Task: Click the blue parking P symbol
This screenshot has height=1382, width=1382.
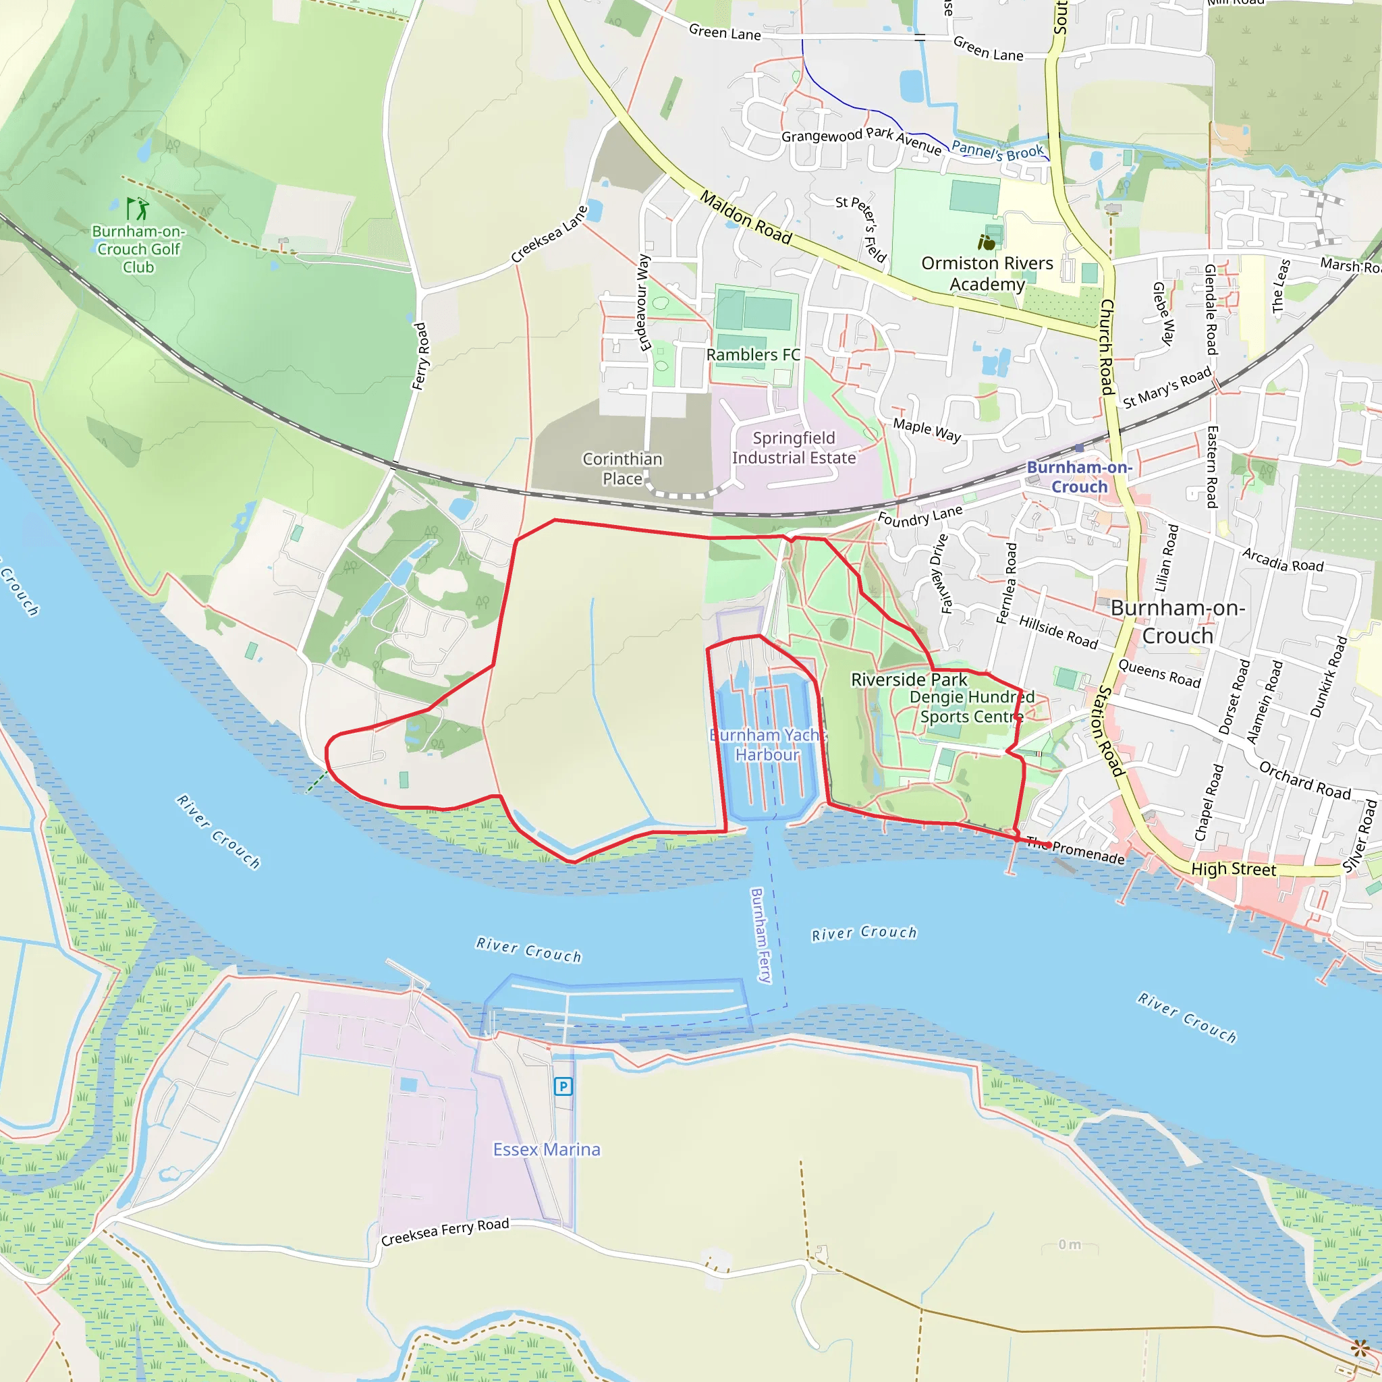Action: click(x=563, y=1086)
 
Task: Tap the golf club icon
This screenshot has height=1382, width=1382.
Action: click(x=138, y=209)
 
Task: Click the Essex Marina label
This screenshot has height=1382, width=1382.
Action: click(x=547, y=1149)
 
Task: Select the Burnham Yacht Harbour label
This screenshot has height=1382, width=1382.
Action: click(x=767, y=745)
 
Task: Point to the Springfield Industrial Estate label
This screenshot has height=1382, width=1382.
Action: click(x=794, y=448)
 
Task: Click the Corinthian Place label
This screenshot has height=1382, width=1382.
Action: click(x=622, y=468)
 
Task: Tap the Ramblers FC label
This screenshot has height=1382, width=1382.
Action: click(x=752, y=355)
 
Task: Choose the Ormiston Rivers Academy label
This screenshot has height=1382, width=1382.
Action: click(x=987, y=273)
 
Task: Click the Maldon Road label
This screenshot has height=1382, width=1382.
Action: click(x=746, y=217)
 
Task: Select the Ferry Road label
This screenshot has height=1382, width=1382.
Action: click(x=420, y=356)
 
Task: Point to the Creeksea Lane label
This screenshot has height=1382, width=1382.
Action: click(x=549, y=235)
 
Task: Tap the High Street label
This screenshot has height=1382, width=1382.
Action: click(x=1234, y=869)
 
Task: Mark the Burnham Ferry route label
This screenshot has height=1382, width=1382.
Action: click(x=761, y=936)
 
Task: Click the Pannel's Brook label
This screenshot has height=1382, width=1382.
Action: click(x=997, y=151)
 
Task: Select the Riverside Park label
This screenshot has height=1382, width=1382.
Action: click(x=908, y=680)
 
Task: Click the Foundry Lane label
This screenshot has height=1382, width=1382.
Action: click(x=920, y=516)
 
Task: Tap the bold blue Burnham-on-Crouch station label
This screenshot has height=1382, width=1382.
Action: click(x=1079, y=476)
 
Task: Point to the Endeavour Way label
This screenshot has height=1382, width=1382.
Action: click(x=643, y=302)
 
